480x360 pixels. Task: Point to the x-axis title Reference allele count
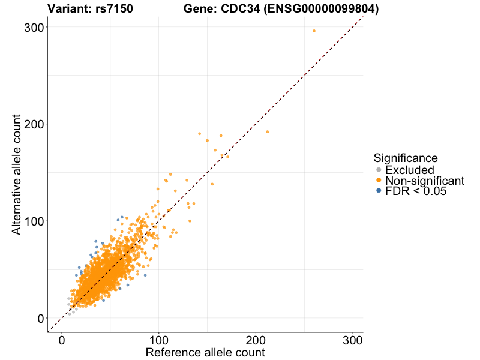point(205,352)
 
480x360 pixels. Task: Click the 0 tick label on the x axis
point(62,340)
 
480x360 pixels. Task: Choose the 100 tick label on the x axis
point(159,340)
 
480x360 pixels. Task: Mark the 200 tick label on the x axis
point(256,340)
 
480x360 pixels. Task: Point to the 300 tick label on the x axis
point(353,340)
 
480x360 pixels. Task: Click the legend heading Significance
point(406,158)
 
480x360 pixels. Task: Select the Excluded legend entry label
point(410,170)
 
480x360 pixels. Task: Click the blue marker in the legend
point(379,191)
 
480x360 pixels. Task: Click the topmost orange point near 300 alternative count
point(314,31)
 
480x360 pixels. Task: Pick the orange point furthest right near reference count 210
point(268,131)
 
